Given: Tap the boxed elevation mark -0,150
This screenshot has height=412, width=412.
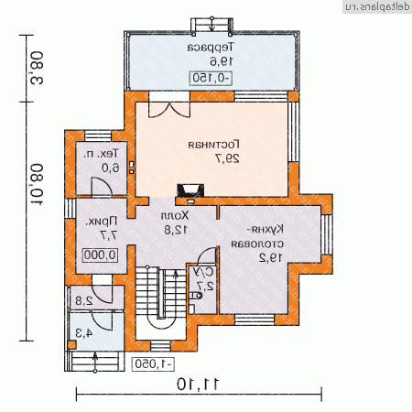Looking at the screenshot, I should click(x=211, y=78).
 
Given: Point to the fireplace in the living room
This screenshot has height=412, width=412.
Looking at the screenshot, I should click(x=192, y=190).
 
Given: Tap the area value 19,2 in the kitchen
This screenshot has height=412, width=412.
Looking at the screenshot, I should click(x=268, y=259).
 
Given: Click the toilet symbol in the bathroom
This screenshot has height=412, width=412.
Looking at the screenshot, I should click(x=196, y=297).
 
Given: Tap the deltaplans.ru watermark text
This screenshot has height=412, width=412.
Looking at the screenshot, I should click(x=375, y=5).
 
